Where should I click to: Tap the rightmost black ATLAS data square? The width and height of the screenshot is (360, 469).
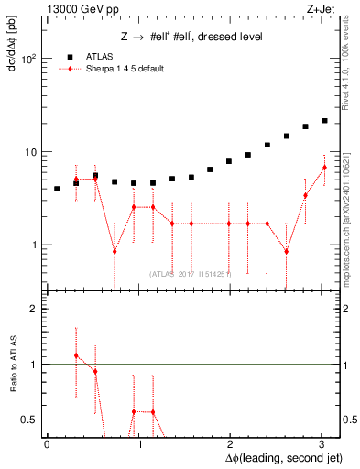tap(324, 120)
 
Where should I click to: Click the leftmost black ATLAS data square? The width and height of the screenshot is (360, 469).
tap(57, 189)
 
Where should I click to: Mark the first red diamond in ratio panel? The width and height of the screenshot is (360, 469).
tap(76, 355)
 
